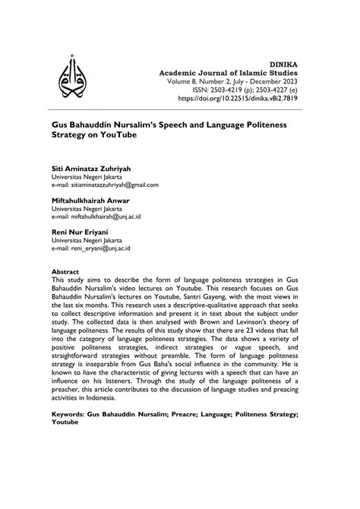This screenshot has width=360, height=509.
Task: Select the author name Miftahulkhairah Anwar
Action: point(90,201)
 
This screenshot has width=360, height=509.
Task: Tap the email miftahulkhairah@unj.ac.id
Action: point(114,217)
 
